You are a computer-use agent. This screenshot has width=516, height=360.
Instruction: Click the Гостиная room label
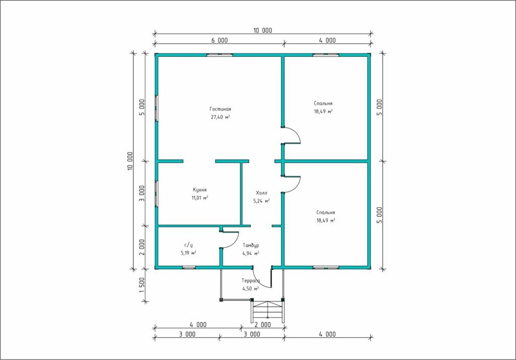coord(220,109)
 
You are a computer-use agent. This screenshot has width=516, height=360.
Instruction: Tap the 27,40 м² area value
coord(220,117)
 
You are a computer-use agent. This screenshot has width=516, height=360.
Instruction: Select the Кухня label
coord(200,190)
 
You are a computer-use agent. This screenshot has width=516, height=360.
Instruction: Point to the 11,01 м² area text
coord(200,198)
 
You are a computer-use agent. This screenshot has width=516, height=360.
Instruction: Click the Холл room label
coord(262,193)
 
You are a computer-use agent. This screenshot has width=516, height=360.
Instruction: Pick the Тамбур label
coord(251,246)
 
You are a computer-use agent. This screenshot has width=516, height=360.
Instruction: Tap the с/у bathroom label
coord(188,245)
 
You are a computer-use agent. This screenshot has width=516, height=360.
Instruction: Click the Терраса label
coord(250,281)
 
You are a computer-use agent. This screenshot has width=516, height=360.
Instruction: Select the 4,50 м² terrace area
coord(250,289)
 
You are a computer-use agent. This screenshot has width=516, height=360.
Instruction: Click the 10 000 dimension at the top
coord(263,31)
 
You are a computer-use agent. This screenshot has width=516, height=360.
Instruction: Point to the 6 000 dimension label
coord(220,40)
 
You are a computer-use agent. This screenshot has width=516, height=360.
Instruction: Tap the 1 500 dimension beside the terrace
coord(142,285)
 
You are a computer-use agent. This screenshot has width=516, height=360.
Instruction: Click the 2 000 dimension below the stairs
coord(263,325)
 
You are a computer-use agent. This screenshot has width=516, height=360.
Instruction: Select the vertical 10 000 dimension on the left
coord(131,161)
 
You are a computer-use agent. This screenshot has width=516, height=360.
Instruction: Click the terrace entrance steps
coord(267,311)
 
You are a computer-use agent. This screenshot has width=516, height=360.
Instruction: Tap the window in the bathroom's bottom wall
coord(189,267)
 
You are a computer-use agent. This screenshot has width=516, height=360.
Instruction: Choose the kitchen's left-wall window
coord(157,194)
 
